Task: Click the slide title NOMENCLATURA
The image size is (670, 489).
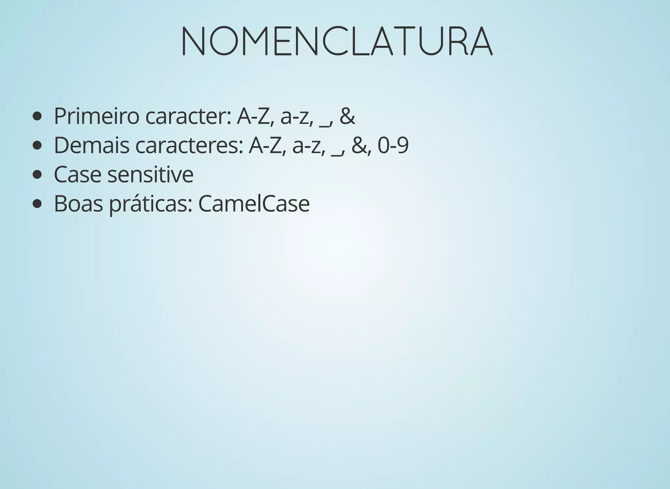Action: tap(336, 41)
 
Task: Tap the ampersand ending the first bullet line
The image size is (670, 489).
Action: tap(347, 116)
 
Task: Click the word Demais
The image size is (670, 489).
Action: tap(91, 145)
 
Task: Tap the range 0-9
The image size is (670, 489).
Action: tap(393, 145)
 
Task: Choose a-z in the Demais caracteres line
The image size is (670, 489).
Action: tap(309, 146)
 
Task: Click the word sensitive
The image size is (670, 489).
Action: tap(150, 174)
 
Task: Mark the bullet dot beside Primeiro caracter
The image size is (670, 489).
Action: tap(37, 117)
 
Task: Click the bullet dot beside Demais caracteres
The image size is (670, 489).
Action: tap(37, 146)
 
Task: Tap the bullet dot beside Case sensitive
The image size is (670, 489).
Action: tap(37, 175)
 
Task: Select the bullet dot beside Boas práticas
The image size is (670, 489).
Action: tap(37, 204)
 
